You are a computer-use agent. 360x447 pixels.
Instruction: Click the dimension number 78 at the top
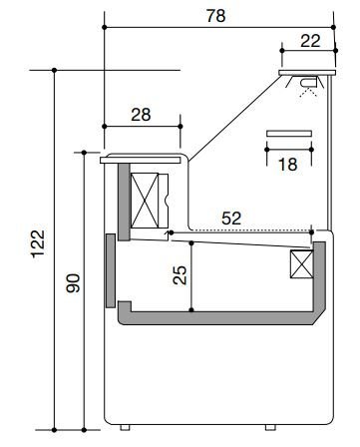216,16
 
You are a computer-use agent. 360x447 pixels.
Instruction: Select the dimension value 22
310,41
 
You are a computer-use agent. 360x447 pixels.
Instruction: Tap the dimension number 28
141,115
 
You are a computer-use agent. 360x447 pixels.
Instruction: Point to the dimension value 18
288,165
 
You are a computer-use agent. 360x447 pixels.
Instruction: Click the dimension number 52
231,219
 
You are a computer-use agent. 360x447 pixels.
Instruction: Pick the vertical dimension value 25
180,274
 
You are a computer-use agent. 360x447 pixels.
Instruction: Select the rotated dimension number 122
38,243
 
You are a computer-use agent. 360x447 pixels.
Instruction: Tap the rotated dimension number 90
73,283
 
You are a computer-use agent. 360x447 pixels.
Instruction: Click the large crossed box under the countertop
145,201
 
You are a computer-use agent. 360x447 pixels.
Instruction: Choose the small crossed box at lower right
302,264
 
